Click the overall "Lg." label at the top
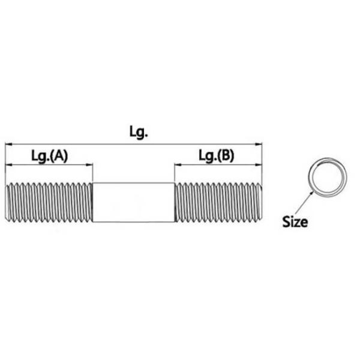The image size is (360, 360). pyautogui.click(x=138, y=133)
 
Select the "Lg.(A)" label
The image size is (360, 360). pyautogui.click(x=49, y=156)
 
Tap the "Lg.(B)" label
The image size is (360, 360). pyautogui.click(x=217, y=156)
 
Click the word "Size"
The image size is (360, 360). pyautogui.click(x=295, y=222)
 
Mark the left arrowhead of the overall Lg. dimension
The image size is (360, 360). pyautogui.click(x=8, y=144)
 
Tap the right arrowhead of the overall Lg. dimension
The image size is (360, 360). pyautogui.click(x=260, y=144)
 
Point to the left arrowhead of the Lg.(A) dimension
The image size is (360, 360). pyautogui.click(x=8, y=165)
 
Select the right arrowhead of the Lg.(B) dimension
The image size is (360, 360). pyautogui.click(x=260, y=165)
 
